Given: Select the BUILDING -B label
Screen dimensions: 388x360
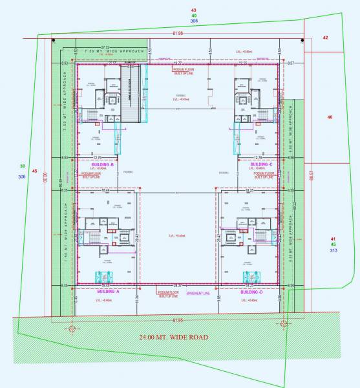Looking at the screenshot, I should [x=103, y=164].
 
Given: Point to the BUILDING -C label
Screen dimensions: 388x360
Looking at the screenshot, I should [x=261, y=164].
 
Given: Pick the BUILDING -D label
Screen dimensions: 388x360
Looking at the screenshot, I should [x=251, y=292].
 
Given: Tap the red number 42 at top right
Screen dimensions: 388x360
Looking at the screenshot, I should [x=325, y=38].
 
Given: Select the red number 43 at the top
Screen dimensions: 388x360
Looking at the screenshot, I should [x=194, y=10].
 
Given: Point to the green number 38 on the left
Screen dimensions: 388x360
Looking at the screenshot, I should [x=23, y=166].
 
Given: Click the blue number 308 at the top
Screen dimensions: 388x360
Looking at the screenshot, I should [x=194, y=21].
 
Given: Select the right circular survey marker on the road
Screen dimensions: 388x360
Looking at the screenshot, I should [x=284, y=323].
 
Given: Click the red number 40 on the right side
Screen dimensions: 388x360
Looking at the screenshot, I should [x=330, y=117].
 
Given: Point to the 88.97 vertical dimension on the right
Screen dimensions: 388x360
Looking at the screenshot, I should [x=312, y=176].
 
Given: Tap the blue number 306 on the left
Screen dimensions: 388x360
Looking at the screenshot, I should [x=23, y=177].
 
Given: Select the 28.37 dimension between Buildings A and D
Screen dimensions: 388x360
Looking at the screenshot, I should [x=178, y=285].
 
